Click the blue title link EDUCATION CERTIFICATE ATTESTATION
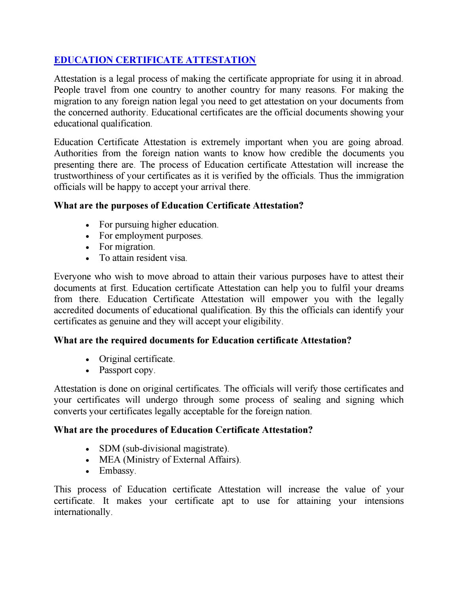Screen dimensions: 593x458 pyautogui.click(x=155, y=60)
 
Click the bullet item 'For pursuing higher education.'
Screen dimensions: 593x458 pyautogui.click(x=158, y=225)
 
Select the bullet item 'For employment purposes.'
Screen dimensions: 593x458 pyautogui.click(x=151, y=236)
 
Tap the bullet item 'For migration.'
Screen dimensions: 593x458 pyautogui.click(x=127, y=247)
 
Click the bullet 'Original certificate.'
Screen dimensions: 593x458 pyautogui.click(x=137, y=359)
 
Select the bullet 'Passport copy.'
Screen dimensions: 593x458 pyautogui.click(x=127, y=370)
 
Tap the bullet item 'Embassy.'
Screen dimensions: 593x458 pyautogui.click(x=118, y=471)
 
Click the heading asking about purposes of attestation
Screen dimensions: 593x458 pyautogui.click(x=178, y=206)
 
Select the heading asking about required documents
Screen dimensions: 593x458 pyautogui.click(x=202, y=340)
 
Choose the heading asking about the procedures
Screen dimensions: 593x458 pyautogui.click(x=183, y=430)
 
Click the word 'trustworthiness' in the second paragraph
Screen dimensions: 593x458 pyautogui.click(x=81, y=176)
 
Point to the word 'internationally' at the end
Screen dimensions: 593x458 pyautogui.click(x=82, y=512)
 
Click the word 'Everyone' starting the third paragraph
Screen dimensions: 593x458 pyautogui.click(x=71, y=277)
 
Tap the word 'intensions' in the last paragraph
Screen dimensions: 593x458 pyautogui.click(x=384, y=501)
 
